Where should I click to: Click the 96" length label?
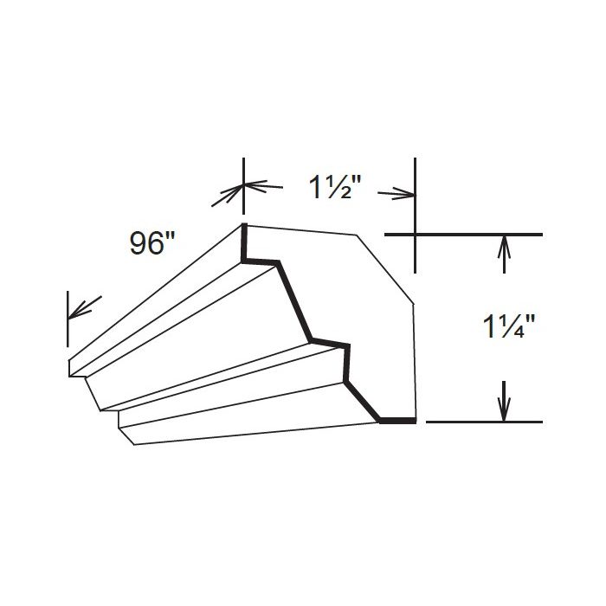point(151,244)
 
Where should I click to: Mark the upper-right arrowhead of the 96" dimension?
point(227,197)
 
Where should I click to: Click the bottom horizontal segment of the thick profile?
point(397,421)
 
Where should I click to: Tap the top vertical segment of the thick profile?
point(244,242)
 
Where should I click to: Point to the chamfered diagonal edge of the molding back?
point(385,268)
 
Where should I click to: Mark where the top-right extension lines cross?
point(416,235)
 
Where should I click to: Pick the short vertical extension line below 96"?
point(68,321)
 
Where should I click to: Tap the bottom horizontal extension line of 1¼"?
point(485,422)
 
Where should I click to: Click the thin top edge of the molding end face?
point(300,229)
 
